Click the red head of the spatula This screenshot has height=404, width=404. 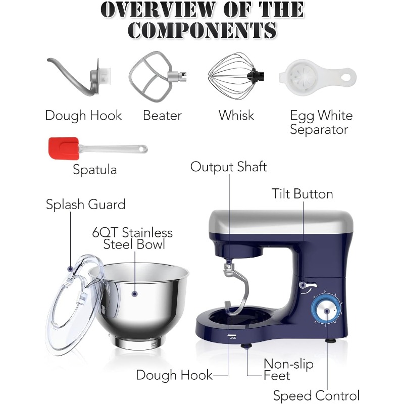point(64,148)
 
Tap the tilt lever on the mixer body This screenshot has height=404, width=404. point(308,285)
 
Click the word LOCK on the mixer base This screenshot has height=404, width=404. point(233,338)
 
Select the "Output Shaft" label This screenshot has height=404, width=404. point(229,167)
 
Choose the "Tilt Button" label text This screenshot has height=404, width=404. point(302,194)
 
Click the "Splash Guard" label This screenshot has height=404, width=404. point(85,205)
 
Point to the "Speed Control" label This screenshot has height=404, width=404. point(316,395)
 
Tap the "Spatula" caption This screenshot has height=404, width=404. point(95,170)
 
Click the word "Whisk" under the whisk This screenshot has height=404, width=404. point(236,115)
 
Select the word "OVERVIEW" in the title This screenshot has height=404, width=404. point(158,10)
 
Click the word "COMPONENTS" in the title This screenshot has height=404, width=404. point(203,30)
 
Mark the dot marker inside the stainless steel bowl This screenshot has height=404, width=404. point(134,293)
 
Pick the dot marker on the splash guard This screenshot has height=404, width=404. point(70,269)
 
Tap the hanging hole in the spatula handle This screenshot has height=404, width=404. point(142,149)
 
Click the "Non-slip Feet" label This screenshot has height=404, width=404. point(288,370)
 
